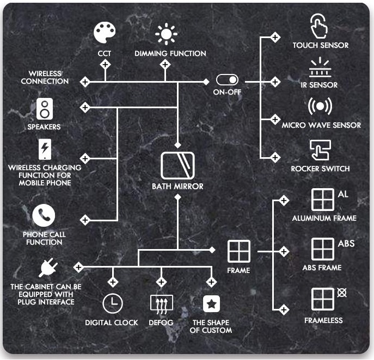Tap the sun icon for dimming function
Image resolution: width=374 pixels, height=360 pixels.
166,34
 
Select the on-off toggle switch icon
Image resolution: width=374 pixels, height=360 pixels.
227,80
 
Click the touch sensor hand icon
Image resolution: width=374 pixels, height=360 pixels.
320,26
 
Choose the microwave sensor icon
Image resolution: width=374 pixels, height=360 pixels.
321,105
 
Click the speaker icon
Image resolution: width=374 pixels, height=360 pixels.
44,109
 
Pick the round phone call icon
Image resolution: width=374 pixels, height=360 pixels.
44,216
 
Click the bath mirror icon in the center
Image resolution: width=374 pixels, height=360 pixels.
177,165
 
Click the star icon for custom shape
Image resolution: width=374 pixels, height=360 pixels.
211,303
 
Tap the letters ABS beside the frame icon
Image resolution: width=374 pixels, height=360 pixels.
346,243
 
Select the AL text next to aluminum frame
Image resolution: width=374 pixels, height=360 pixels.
343,194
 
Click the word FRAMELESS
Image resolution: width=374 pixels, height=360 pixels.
323,320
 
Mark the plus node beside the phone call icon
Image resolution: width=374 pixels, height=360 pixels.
84,220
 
